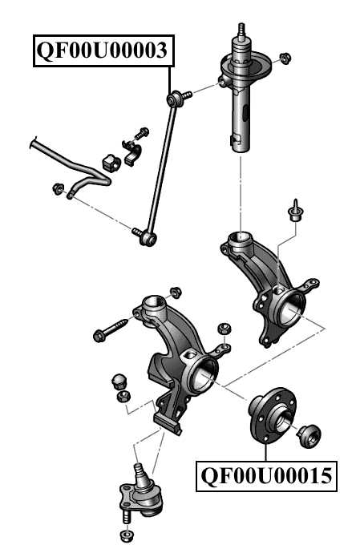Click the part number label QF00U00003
point(103,51)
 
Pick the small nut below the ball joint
point(126,535)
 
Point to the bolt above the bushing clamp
point(144,131)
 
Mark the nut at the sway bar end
point(57,189)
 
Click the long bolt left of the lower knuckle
point(111,329)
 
